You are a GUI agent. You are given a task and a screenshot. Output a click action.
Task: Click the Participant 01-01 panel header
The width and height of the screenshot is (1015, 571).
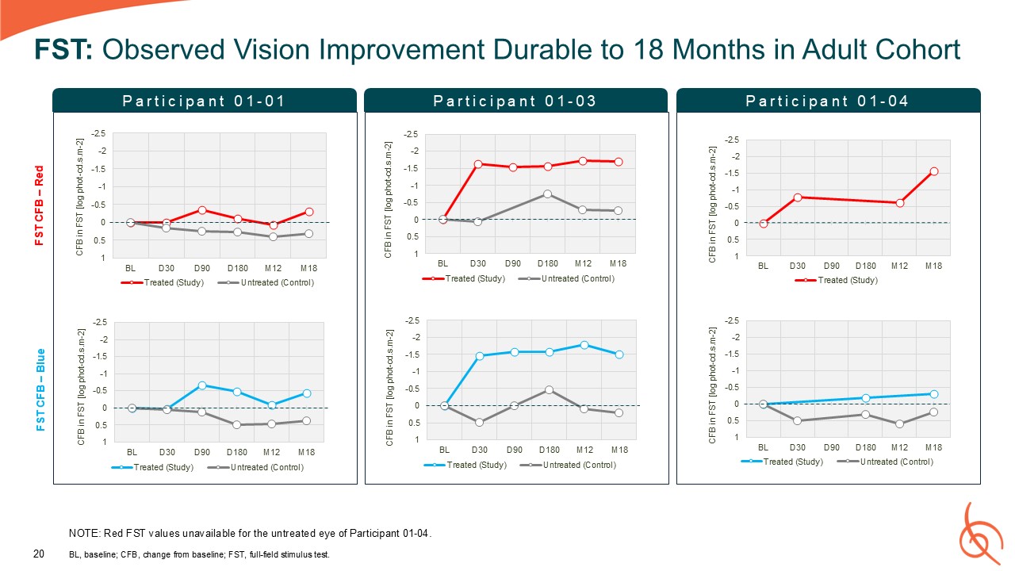[205, 101]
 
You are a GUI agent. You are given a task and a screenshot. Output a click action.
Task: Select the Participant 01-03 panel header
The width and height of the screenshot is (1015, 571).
[515, 101]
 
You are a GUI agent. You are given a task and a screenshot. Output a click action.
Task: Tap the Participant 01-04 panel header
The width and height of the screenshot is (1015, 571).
[828, 101]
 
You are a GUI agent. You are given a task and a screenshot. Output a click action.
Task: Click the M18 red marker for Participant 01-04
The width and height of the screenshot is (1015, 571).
[934, 171]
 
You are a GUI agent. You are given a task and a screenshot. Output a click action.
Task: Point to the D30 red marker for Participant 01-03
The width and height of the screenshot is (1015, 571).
[478, 164]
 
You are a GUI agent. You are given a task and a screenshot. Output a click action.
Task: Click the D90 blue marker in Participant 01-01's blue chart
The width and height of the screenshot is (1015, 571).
[202, 385]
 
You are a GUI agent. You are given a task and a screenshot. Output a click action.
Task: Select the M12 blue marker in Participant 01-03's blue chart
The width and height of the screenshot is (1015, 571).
[584, 345]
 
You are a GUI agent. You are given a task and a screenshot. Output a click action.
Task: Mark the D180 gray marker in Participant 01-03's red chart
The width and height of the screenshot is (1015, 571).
[548, 194]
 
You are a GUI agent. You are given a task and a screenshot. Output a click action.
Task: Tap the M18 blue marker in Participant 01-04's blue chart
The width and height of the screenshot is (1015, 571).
[934, 394]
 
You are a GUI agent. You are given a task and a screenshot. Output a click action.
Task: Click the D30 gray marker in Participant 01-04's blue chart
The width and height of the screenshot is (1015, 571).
[797, 420]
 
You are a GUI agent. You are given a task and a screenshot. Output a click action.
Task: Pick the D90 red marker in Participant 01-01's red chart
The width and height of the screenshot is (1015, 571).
[202, 210]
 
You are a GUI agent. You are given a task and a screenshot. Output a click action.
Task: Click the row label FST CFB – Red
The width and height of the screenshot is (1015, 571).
[39, 205]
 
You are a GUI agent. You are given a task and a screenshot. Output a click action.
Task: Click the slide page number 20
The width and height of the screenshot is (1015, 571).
[37, 554]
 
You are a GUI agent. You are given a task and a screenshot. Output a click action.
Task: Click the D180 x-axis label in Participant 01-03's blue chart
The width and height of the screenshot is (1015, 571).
[549, 450]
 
